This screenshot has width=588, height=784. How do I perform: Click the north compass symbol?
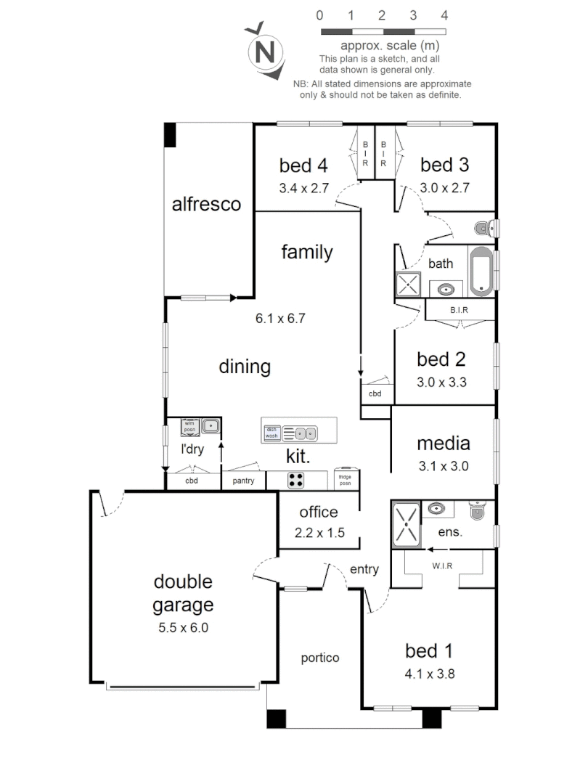[266, 52]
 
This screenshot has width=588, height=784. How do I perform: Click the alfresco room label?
[206, 205]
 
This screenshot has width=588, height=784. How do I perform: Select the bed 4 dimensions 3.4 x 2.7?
[304, 187]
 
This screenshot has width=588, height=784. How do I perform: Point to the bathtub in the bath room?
[481, 272]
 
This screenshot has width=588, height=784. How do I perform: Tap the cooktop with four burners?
[296, 480]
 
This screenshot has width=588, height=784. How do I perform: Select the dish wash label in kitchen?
[271, 433]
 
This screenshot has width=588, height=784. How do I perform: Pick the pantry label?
[242, 481]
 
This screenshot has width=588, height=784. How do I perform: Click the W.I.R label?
[442, 566]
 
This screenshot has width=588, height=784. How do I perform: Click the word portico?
[320, 658]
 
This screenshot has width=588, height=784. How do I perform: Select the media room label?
[443, 443]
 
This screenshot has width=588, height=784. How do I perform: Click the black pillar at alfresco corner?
[170, 135]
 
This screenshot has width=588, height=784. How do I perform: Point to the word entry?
[364, 570]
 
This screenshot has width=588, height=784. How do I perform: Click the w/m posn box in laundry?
[189, 426]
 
